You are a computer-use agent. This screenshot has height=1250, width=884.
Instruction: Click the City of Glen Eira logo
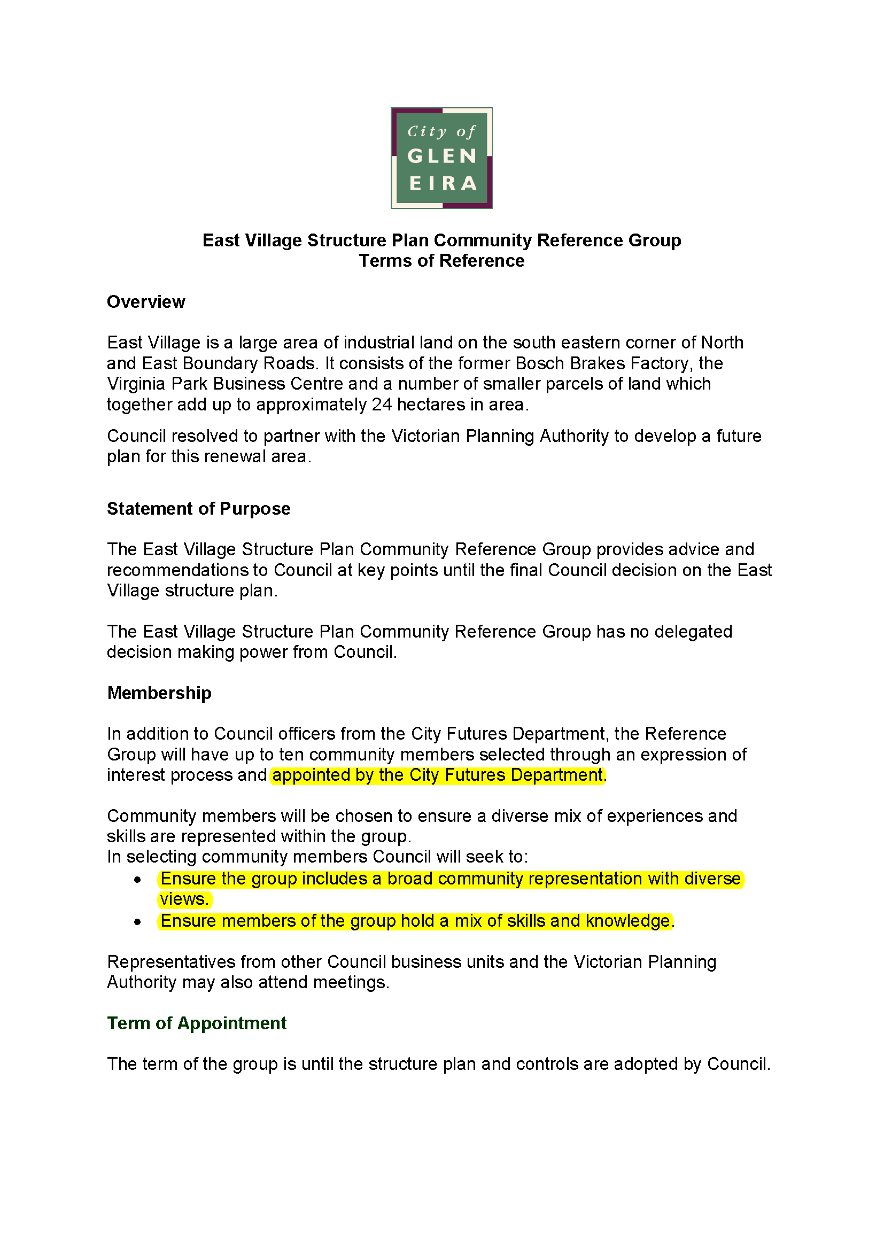coord(441,158)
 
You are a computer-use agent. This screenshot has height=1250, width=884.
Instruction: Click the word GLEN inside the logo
coord(441,156)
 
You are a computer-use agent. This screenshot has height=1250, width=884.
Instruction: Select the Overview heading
coord(146,301)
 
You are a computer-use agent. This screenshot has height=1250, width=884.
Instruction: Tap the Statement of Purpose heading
coord(198,508)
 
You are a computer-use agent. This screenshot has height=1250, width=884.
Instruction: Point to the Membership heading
coord(159,693)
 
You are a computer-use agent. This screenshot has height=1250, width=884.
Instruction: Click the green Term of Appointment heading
coord(197,1023)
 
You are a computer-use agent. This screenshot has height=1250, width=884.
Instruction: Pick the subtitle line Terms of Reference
coord(441,261)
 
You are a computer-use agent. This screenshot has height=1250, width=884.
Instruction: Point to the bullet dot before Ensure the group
coord(138,880)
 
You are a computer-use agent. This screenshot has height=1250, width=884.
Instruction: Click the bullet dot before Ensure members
coord(138,922)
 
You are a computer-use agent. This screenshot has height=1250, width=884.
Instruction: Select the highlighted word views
coord(184,899)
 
